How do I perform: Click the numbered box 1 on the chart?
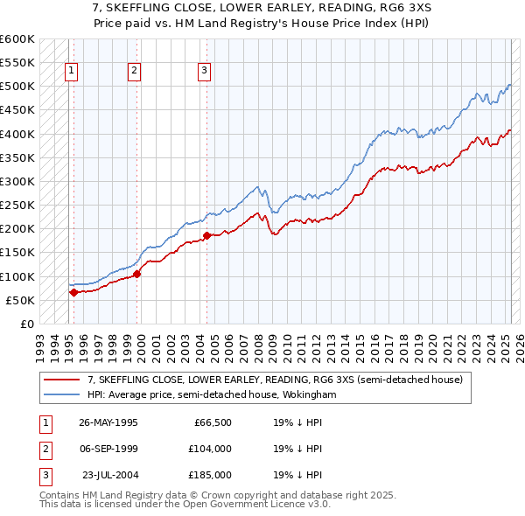coord(71,72)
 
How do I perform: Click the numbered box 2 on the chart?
coord(135,72)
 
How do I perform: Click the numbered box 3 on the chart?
coord(204,72)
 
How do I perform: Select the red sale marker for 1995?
coord(73,292)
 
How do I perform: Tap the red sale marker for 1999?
coord(137,274)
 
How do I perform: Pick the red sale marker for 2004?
coord(207,235)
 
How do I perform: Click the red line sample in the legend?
coord(62,380)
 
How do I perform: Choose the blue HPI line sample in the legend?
coord(62,395)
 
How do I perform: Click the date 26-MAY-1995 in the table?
coord(108,423)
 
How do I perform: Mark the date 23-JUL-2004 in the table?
coord(109,475)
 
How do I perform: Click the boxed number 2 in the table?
coord(44,450)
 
